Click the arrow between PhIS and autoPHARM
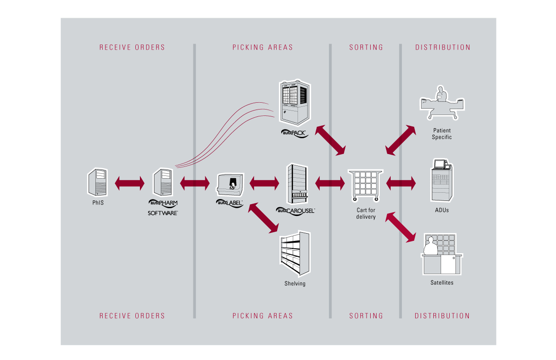(x=130, y=184)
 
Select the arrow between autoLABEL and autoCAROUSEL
(x=264, y=184)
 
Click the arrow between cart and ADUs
(x=401, y=184)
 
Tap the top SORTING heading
(x=366, y=47)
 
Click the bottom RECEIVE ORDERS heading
(x=132, y=316)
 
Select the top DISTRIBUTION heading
(x=443, y=47)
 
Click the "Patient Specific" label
(x=442, y=134)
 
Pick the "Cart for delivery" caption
(x=366, y=214)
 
